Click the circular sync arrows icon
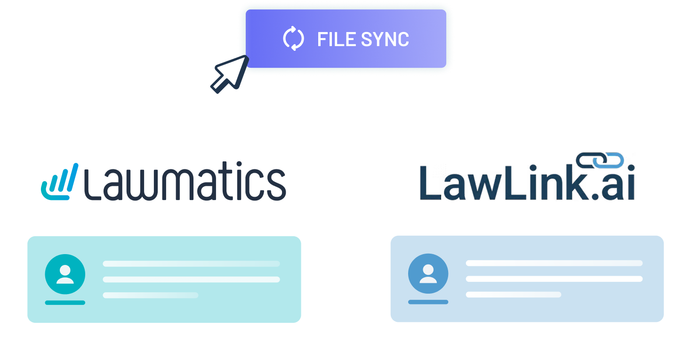point(293,39)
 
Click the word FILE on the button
point(336,39)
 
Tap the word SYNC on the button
point(385,39)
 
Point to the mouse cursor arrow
point(230,74)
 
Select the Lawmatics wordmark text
point(185,181)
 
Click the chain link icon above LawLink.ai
point(600,160)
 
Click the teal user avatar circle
point(65,274)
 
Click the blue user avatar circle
point(428,273)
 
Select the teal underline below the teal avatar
point(65,303)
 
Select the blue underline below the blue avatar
point(428,302)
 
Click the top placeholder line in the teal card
point(191,264)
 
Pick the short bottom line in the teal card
point(151,295)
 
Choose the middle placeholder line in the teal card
point(191,280)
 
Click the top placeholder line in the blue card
point(554,263)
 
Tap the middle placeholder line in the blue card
point(554,279)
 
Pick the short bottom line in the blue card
point(514,295)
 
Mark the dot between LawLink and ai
point(595,196)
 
